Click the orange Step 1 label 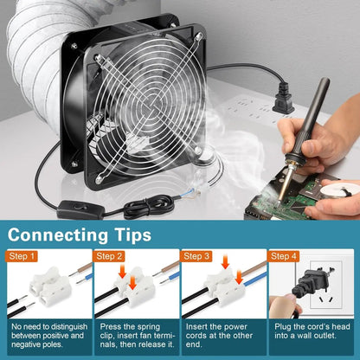[x=23, y=256]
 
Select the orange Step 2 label [x=110, y=256]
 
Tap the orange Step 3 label [x=196, y=256]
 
